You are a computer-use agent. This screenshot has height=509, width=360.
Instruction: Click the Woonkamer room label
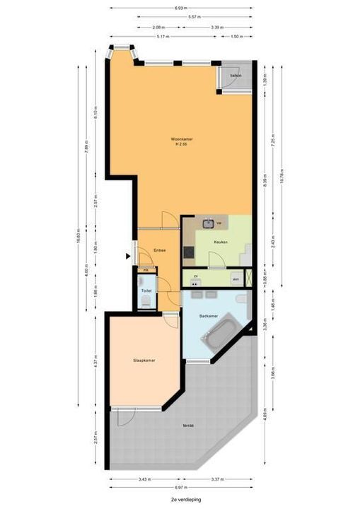[181, 139]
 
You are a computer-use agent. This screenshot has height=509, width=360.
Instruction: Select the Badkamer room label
[207, 316]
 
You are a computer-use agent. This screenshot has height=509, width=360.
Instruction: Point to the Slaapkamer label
[144, 360]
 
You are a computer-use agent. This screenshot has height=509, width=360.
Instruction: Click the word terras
[187, 426]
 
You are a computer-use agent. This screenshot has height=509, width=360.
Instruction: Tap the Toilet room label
[146, 291]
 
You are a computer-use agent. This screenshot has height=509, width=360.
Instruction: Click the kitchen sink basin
[209, 224]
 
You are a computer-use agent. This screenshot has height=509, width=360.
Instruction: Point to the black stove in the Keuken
[188, 251]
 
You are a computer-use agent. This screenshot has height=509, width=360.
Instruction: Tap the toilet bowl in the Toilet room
[145, 301]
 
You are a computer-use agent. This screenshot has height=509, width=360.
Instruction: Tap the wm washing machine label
[236, 280]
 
